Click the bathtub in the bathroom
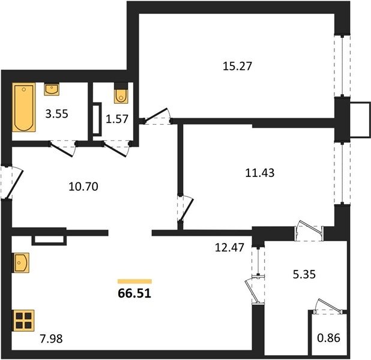pos(24,107)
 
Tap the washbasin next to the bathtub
pos(52,89)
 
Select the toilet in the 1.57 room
pos(121,93)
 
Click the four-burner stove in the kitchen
pos(23,320)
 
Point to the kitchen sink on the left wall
pos(21,263)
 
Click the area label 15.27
pos(237,66)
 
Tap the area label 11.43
pos(260,173)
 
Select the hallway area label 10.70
pos(83,187)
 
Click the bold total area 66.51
pos(134,293)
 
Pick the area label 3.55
pos(57,114)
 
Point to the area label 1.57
pos(117,119)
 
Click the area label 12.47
pos(229,247)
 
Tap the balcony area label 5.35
pos(304,275)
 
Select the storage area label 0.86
pos(328,338)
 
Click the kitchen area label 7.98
pos(52,338)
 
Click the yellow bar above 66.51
pos(134,281)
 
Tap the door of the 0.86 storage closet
pos(330,305)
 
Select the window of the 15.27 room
pos(342,66)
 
